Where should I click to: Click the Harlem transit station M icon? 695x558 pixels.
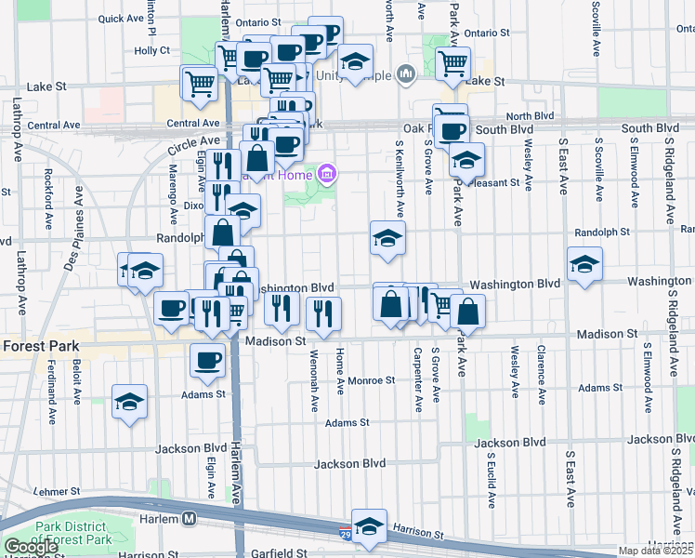pyautogui.click(x=190, y=518)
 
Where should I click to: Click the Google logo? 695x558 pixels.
pyautogui.click(x=31, y=547)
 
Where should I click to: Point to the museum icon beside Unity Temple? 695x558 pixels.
pyautogui.click(x=405, y=73)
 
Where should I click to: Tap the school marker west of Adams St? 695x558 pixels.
pyautogui.click(x=129, y=403)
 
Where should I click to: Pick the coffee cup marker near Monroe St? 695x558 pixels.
pyautogui.click(x=206, y=360)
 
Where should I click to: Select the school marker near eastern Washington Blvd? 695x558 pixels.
pyautogui.click(x=584, y=264)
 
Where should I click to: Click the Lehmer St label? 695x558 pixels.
pyautogui.click(x=58, y=490)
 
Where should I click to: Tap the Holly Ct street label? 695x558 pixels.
pyautogui.click(x=151, y=51)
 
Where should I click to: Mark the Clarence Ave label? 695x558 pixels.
pyautogui.click(x=540, y=376)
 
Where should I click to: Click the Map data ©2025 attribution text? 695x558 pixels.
pyautogui.click(x=655, y=551)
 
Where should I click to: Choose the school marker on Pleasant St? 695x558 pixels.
pyautogui.click(x=466, y=160)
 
